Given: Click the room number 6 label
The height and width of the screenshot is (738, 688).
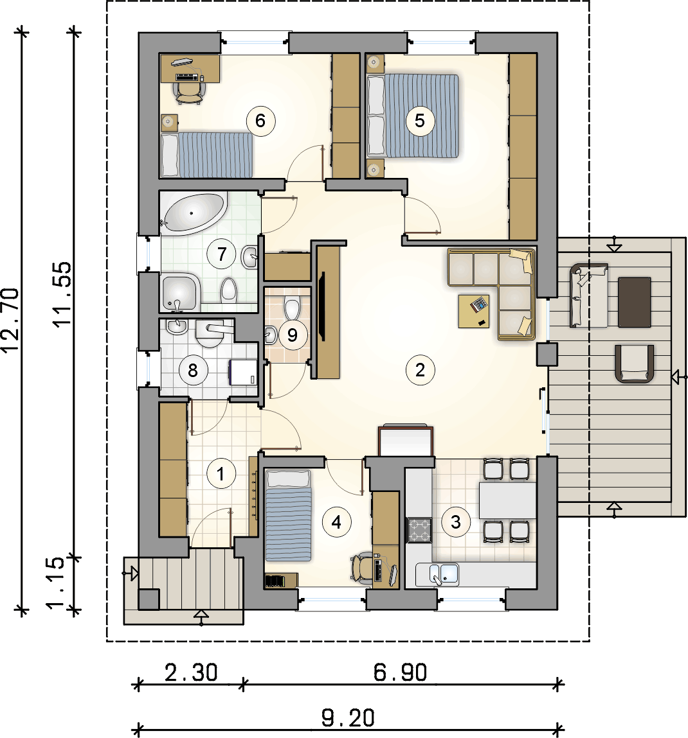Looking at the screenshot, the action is [x=260, y=121].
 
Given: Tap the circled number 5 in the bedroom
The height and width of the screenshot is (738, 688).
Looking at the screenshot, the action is [x=420, y=121].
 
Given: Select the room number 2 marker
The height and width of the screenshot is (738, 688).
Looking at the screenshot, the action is [x=420, y=370].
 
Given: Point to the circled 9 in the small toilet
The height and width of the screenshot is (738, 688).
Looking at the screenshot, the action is [x=292, y=335].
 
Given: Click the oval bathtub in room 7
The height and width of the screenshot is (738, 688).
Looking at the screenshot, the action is [x=194, y=214].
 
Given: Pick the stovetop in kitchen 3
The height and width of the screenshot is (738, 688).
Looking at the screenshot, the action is [x=419, y=530].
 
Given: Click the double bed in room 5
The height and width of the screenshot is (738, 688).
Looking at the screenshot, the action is [x=412, y=116].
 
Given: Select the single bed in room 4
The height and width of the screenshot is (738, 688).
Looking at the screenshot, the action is [x=289, y=515].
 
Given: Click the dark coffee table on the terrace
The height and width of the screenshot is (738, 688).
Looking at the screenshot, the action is [x=634, y=302].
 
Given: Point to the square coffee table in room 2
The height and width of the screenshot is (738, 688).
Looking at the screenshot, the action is [x=474, y=311].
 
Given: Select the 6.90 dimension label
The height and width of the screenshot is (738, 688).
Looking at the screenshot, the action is [x=400, y=672].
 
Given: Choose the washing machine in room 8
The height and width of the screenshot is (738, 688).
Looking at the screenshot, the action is [x=243, y=373].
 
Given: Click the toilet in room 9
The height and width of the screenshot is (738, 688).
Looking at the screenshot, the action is [x=292, y=308].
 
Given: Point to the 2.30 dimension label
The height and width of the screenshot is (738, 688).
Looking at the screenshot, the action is [x=191, y=672].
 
